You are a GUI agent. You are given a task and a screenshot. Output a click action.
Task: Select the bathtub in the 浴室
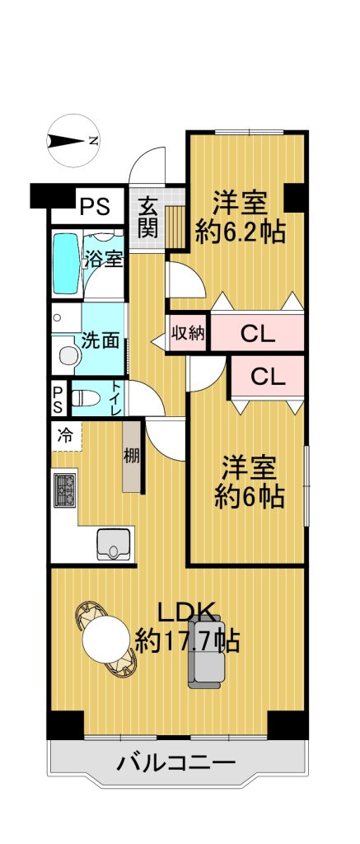(66, 264)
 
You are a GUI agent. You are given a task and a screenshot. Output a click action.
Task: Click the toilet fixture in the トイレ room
(85, 399)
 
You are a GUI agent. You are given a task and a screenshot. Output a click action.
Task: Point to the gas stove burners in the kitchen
(64, 490)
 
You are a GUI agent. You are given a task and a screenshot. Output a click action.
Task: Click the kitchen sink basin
(113, 544)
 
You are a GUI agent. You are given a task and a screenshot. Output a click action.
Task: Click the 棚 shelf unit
(133, 456)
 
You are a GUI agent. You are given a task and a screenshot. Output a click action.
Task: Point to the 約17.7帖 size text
(187, 640)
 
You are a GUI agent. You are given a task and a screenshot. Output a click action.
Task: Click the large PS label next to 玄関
(95, 206)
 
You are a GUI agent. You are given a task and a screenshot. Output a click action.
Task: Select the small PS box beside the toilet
(58, 399)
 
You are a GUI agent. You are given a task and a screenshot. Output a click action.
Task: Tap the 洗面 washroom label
(100, 340)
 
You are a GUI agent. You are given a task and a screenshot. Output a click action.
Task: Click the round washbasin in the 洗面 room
(68, 354)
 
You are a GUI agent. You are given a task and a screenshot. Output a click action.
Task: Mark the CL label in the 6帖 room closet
(268, 378)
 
